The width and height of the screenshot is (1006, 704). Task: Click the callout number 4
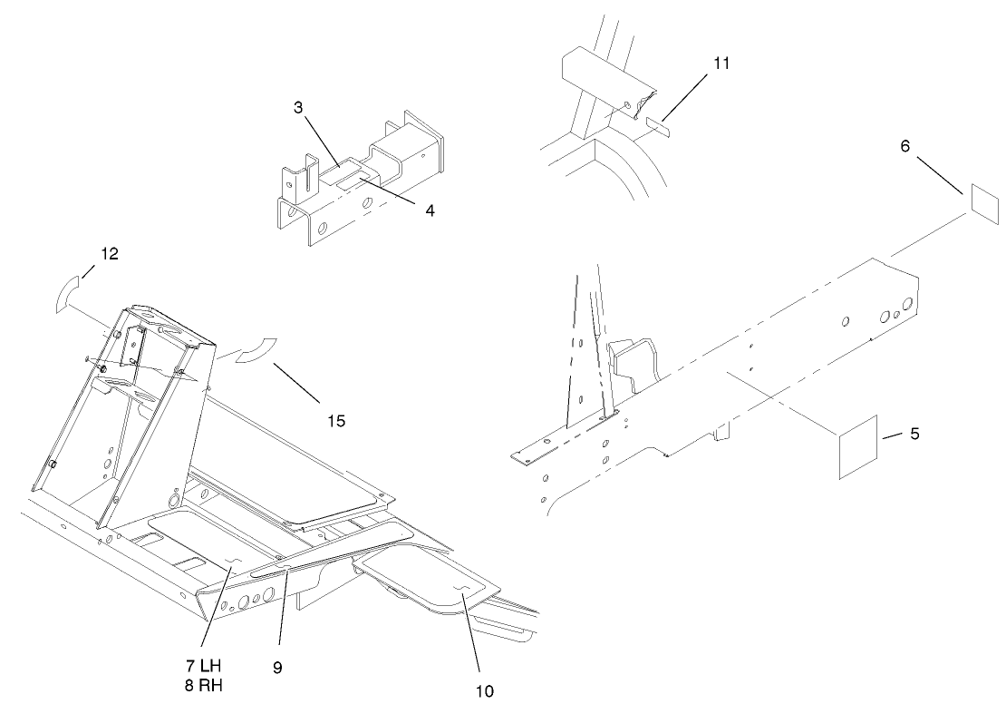coord(430,210)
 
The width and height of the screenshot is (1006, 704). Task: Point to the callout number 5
coord(914,435)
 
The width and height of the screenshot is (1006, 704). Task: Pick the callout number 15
coord(335,421)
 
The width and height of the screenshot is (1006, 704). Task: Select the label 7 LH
coord(205,668)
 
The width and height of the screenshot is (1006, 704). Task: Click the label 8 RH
coord(205,685)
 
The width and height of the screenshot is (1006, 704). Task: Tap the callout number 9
coord(277,668)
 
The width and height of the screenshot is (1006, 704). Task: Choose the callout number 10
coord(485,690)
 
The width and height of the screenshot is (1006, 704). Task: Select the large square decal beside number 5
coord(856,445)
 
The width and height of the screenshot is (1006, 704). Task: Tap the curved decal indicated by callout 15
coord(256,351)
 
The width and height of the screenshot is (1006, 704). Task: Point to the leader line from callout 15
coord(295,384)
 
